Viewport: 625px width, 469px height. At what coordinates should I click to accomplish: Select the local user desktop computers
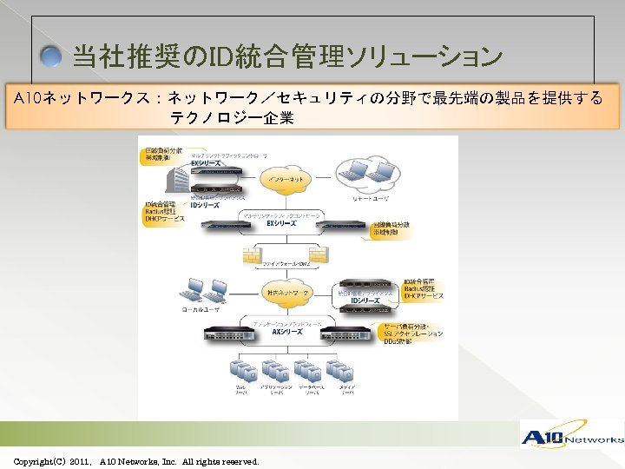click(x=205, y=289)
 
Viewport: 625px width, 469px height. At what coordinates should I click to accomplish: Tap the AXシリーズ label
click(x=286, y=331)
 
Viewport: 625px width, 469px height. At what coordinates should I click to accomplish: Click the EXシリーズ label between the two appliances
click(x=280, y=223)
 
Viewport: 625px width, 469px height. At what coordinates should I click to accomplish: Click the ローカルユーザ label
click(x=201, y=309)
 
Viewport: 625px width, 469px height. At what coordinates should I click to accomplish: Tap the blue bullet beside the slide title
click(x=53, y=59)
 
